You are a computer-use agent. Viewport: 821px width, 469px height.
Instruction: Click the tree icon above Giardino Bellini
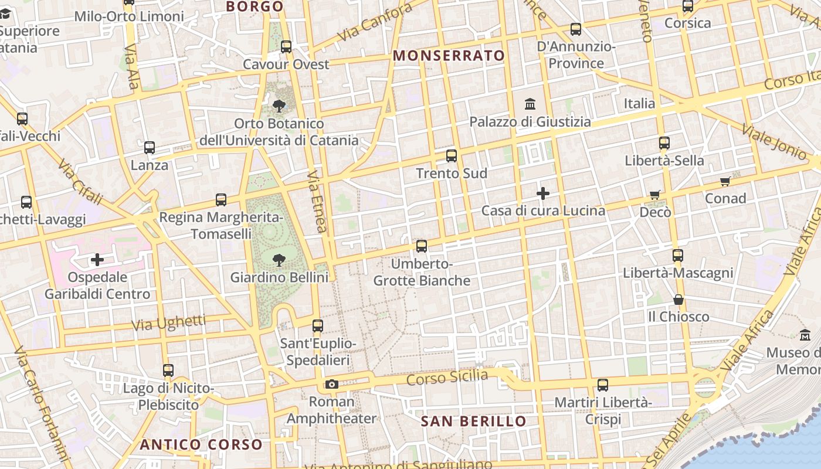click(279, 259)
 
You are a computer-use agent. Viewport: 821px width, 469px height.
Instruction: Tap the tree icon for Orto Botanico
click(279, 106)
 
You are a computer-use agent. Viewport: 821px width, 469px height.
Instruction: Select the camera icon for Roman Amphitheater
click(332, 385)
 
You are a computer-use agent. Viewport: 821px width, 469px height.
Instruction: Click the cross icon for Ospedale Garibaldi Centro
click(97, 259)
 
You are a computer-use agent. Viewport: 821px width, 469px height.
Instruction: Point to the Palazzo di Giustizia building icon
click(530, 104)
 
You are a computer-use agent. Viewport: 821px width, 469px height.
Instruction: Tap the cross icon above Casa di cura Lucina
click(543, 193)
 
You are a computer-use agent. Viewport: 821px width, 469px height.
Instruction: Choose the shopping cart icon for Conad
click(725, 181)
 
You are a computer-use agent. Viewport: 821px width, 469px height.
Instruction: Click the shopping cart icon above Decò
click(655, 195)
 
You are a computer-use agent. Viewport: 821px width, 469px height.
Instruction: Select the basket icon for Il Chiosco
click(678, 300)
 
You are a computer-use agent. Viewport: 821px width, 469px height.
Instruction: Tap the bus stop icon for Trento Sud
click(451, 156)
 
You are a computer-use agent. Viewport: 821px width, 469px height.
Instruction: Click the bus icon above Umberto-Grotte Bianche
click(422, 246)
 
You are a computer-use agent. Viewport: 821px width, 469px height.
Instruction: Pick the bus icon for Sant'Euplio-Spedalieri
click(318, 326)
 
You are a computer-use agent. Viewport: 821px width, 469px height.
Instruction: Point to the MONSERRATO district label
click(449, 56)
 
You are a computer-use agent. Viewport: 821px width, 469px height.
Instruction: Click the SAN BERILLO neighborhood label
click(474, 422)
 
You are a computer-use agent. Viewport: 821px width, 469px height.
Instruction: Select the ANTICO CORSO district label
click(201, 444)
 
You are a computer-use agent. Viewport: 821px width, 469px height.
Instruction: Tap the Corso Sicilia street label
click(447, 376)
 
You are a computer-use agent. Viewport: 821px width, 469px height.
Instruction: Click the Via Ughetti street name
click(169, 322)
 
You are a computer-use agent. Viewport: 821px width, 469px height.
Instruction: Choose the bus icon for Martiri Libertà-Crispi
click(603, 385)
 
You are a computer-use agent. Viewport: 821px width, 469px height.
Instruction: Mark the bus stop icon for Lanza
click(150, 148)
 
